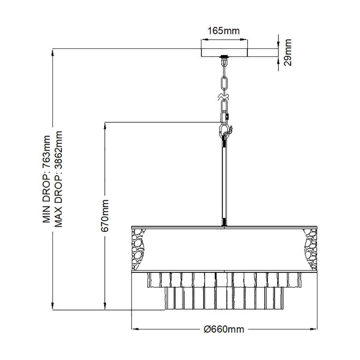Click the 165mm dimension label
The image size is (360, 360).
(224, 31)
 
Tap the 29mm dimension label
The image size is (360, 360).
(287, 52)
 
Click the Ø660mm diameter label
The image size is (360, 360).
(224, 329)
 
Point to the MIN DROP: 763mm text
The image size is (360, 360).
(46, 179)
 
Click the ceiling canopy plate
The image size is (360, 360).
(224, 52)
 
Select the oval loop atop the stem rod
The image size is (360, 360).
(224, 130)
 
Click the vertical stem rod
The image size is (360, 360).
(224, 180)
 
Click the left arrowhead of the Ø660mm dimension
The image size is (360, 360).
(134, 329)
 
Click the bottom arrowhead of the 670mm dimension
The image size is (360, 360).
(105, 307)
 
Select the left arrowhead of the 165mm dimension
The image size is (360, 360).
(203, 40)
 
